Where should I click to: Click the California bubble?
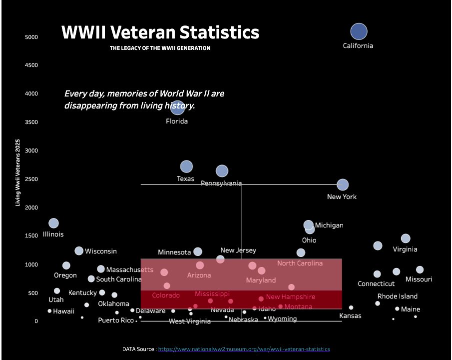[359, 31]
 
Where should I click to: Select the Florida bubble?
[177, 106]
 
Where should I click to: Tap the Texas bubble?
[186, 166]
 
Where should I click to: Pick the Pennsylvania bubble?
[222, 171]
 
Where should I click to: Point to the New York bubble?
[343, 185]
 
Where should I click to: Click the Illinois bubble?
[53, 223]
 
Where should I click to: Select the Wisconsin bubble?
[79, 250]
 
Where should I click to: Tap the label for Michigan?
[329, 225]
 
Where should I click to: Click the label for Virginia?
[405, 249]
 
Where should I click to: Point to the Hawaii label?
[64, 311]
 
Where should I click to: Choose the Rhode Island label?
[398, 296]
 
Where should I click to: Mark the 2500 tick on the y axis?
[32, 179]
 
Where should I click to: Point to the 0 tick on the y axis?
[36, 321]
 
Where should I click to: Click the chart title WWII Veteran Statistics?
[160, 32]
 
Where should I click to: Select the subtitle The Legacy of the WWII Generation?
[160, 48]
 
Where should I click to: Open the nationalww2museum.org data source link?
[244, 349]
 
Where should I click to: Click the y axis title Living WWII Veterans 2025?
[18, 173]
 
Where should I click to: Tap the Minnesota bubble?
[198, 251]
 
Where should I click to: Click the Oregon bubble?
[66, 265]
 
